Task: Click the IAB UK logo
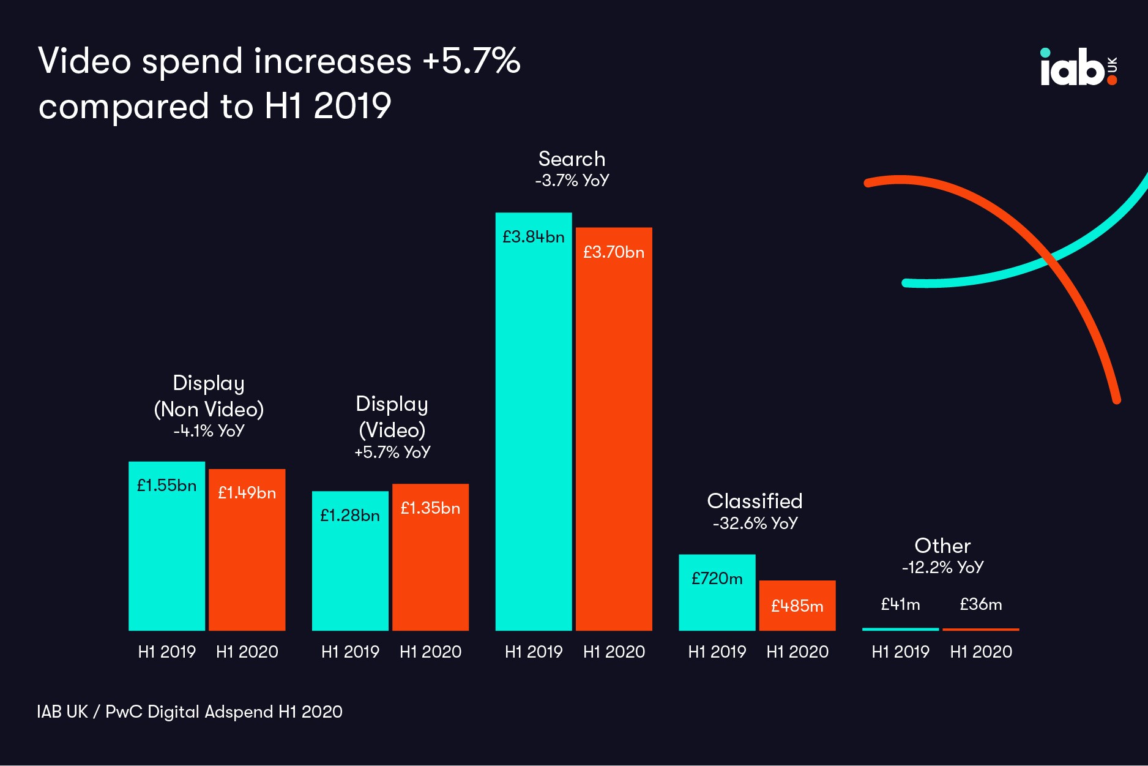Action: tap(1078, 67)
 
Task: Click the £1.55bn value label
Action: tap(166, 486)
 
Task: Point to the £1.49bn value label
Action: tap(247, 493)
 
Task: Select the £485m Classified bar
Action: tap(797, 606)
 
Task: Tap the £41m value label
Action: tap(900, 604)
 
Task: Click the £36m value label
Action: tap(980, 604)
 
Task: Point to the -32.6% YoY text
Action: tap(755, 523)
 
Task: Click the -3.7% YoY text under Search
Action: tap(572, 181)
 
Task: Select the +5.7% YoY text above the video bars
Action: tap(392, 452)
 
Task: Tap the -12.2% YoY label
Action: tap(942, 568)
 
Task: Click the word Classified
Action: tap(755, 501)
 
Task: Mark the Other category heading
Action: tap(942, 546)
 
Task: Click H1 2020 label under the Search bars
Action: tap(614, 651)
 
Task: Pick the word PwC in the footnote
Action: tap(124, 712)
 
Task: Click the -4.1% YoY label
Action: tap(209, 431)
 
